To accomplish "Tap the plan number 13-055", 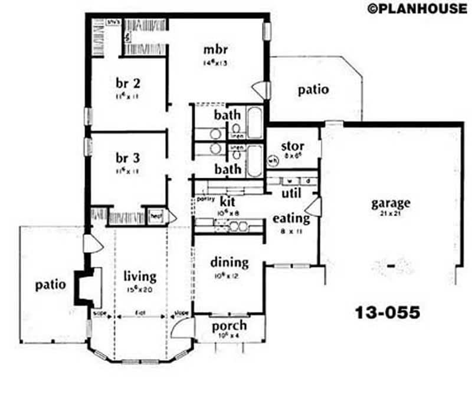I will point(388,312).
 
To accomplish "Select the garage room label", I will point(390,204).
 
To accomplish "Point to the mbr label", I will point(216,49).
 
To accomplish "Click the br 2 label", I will point(127,83).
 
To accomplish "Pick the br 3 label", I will point(127,158).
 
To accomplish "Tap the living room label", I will point(140,276).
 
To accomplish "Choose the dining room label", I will point(229,263).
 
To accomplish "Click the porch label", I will point(229,326).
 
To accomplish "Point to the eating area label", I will point(291,218).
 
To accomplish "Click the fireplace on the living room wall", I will point(86,286).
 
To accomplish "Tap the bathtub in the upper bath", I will point(255,122).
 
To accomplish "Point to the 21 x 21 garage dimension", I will point(390,214).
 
